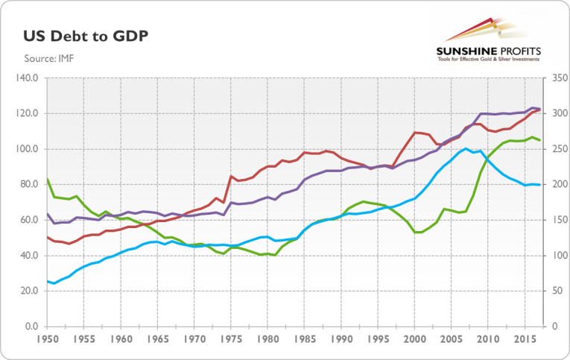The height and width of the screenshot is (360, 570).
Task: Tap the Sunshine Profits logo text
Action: click(489, 50)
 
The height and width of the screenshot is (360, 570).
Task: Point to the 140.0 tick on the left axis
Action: click(27, 78)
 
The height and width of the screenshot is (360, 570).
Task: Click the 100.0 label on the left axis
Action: click(27, 149)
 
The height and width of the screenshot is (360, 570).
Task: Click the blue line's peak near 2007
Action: click(466, 148)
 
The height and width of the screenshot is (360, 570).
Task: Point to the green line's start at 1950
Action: click(47, 179)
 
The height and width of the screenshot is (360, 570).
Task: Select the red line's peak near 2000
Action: click(417, 133)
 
